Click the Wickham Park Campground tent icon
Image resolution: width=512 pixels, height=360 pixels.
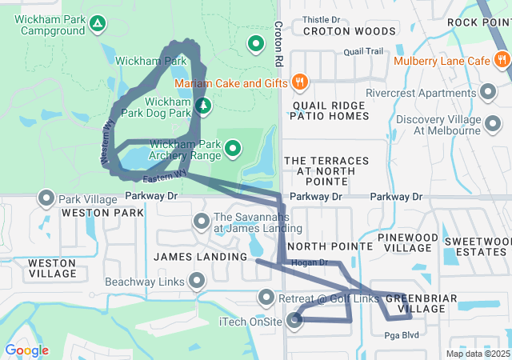click(97, 23)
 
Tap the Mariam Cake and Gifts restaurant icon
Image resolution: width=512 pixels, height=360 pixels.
click(300, 81)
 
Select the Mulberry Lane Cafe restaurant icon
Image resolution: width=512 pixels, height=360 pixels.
click(501, 61)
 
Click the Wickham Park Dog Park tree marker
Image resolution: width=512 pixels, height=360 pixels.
click(203, 106)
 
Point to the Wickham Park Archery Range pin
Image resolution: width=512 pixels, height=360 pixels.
click(233, 147)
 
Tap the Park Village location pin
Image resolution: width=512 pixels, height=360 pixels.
click(46, 198)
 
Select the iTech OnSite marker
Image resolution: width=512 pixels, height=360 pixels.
click(295, 322)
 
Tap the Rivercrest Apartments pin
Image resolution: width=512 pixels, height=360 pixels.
click(488, 92)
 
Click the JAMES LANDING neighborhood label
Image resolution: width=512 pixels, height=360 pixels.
click(199, 257)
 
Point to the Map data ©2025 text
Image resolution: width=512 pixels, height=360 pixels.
click(477, 354)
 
